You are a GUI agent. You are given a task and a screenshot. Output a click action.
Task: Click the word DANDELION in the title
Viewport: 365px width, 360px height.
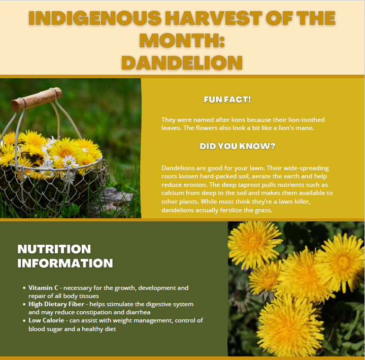[182, 62]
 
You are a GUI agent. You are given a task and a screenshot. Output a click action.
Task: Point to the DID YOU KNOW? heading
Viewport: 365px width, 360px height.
[237, 146]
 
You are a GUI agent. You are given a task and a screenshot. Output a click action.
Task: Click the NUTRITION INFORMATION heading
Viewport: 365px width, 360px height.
[65, 256]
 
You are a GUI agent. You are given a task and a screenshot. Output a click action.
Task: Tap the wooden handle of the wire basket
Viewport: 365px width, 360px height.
[36, 99]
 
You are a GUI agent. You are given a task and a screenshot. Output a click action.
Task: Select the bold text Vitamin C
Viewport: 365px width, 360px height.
[43, 288]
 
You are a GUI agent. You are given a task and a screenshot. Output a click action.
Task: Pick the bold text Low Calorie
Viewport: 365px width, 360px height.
[46, 320]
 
